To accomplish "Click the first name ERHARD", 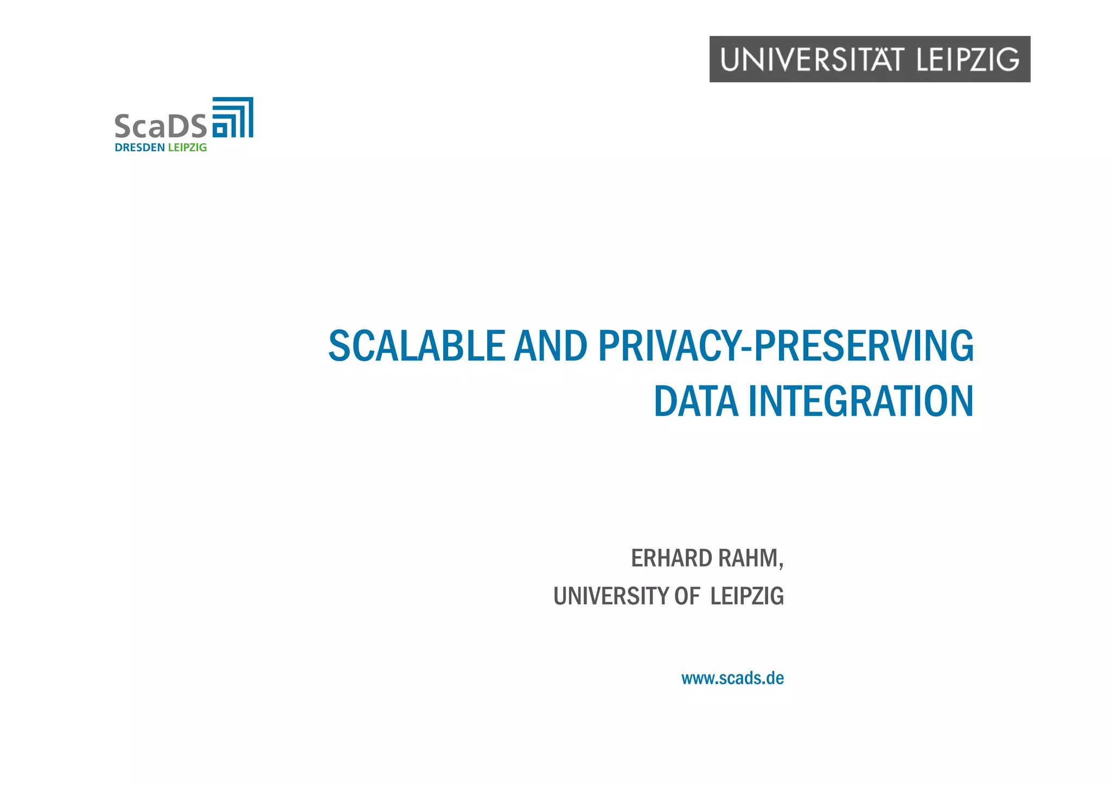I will pyautogui.click(x=671, y=558).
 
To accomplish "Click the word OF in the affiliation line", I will pyautogui.click(x=687, y=596).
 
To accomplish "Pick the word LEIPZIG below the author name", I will pyautogui.click(x=747, y=596).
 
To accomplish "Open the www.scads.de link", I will pyautogui.click(x=732, y=678).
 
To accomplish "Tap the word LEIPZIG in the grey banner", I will pyautogui.click(x=968, y=60).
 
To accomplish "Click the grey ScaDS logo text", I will pyautogui.click(x=161, y=126).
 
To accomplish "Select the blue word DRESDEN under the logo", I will pyautogui.click(x=139, y=147).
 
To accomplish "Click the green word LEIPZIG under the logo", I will pyautogui.click(x=187, y=147).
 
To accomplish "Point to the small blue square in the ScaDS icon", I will pyautogui.click(x=220, y=130).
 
